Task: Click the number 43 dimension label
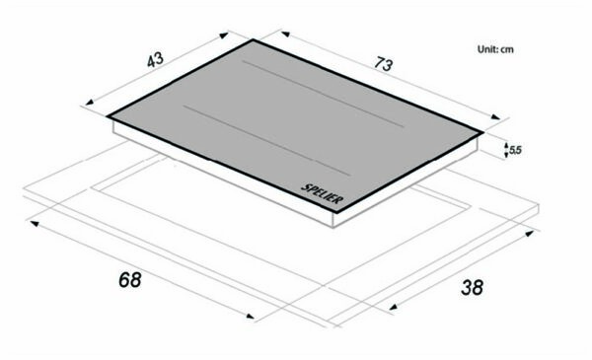(155, 60)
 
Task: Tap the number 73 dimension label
(384, 65)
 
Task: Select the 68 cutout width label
(129, 279)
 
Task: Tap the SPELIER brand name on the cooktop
(322, 192)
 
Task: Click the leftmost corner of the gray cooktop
(109, 116)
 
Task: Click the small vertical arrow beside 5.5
(504, 149)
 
